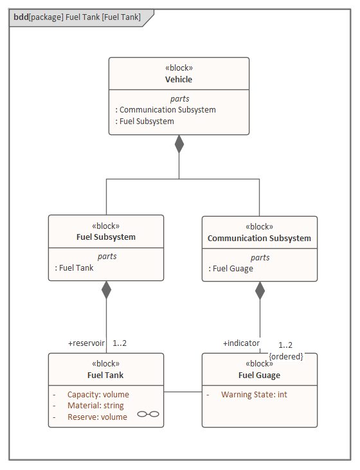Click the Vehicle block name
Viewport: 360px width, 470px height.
coord(179,80)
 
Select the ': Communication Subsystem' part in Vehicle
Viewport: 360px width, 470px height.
coord(165,110)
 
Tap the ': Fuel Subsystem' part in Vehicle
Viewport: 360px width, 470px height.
coord(145,122)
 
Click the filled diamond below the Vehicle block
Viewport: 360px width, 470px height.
coord(179,144)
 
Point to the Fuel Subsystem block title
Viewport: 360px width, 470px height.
coord(106,237)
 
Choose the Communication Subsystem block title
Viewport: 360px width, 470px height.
coord(259,239)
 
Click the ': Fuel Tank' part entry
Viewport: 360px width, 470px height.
coord(74,267)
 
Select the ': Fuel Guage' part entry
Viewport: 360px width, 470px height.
coord(231,269)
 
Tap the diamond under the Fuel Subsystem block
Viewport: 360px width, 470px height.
coord(107,290)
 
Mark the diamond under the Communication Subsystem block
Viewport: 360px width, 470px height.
coord(260,291)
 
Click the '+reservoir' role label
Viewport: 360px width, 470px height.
coord(86,343)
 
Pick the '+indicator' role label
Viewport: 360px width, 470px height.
coord(241,343)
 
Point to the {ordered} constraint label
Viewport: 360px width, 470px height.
coord(286,356)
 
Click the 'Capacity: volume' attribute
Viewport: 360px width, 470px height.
coord(98,395)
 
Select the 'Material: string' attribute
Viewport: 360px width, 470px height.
coord(96,406)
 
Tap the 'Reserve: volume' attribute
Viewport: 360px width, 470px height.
coord(98,417)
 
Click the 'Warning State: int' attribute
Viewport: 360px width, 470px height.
coord(254,395)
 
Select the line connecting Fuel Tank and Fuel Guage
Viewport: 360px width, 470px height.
coord(183,392)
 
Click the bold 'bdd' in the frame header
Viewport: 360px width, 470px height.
coord(21,17)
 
